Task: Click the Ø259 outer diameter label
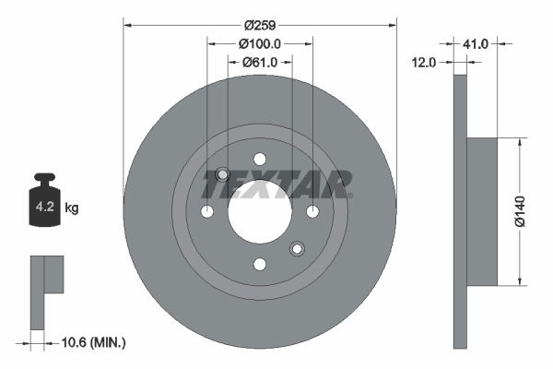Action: pyautogui.click(x=259, y=25)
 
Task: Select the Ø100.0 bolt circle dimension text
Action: pyautogui.click(x=259, y=43)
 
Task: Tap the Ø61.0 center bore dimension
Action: pyautogui.click(x=260, y=62)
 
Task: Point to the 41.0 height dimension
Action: pyautogui.click(x=476, y=43)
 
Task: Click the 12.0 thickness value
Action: pyautogui.click(x=425, y=62)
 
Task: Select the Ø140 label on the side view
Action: pyautogui.click(x=520, y=210)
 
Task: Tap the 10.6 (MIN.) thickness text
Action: pyautogui.click(x=92, y=342)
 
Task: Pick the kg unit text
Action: pyautogui.click(x=72, y=208)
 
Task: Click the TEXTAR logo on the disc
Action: pyautogui.click(x=276, y=184)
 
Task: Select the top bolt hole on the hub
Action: pyautogui.click(x=259, y=159)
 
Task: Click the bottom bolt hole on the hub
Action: pyautogui.click(x=259, y=265)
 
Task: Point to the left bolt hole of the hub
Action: pyautogui.click(x=206, y=212)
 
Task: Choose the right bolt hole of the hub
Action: pyautogui.click(x=312, y=212)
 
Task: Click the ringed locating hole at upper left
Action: pyautogui.click(x=222, y=175)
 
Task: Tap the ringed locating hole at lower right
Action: pyautogui.click(x=297, y=248)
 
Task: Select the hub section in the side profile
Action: pyautogui.click(x=482, y=211)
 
